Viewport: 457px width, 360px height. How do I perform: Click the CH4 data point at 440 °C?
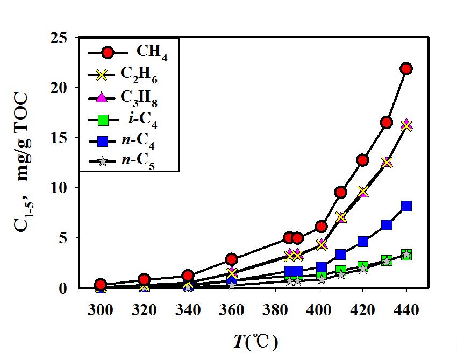pyautogui.click(x=406, y=68)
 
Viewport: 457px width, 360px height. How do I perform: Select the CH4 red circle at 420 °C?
pyautogui.click(x=362, y=160)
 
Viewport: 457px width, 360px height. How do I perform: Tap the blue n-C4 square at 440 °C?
pyautogui.click(x=406, y=206)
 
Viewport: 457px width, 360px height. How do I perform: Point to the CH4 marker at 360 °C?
pyautogui.click(x=231, y=259)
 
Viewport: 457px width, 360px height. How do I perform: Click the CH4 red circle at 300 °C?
pyautogui.click(x=101, y=285)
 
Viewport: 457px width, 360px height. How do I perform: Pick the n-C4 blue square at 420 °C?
pyautogui.click(x=362, y=242)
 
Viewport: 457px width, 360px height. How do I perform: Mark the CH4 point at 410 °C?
pyautogui.click(x=340, y=192)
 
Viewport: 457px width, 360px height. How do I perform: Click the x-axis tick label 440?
pyautogui.click(x=406, y=310)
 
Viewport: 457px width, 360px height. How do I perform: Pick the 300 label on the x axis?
pyautogui.click(x=101, y=310)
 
